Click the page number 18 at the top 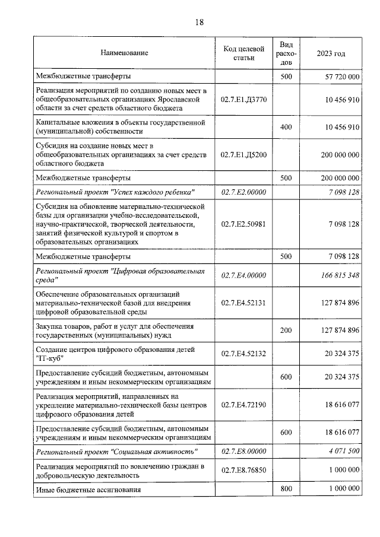click(x=199, y=22)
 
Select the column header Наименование click(x=124, y=53)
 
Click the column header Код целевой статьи click(x=243, y=53)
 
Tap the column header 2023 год click(x=331, y=53)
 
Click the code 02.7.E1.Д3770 click(x=243, y=100)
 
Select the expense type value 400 click(x=286, y=127)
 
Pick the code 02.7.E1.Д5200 click(x=243, y=154)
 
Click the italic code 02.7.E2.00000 click(x=243, y=192)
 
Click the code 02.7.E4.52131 click(x=243, y=303)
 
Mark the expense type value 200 click(x=286, y=330)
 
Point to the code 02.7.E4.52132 click(x=243, y=354)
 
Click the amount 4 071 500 click(x=341, y=452)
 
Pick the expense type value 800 click(x=286, y=489)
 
